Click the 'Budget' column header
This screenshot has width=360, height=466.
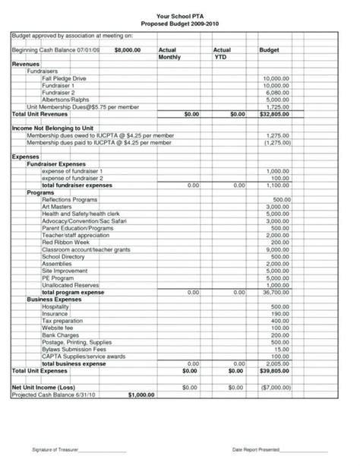[270, 48]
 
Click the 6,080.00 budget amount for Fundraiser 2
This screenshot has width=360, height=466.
[276, 93]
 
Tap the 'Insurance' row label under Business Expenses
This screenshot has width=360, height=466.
[55, 312]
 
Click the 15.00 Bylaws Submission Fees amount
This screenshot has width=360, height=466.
[281, 348]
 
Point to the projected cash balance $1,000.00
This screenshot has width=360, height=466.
[141, 395]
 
